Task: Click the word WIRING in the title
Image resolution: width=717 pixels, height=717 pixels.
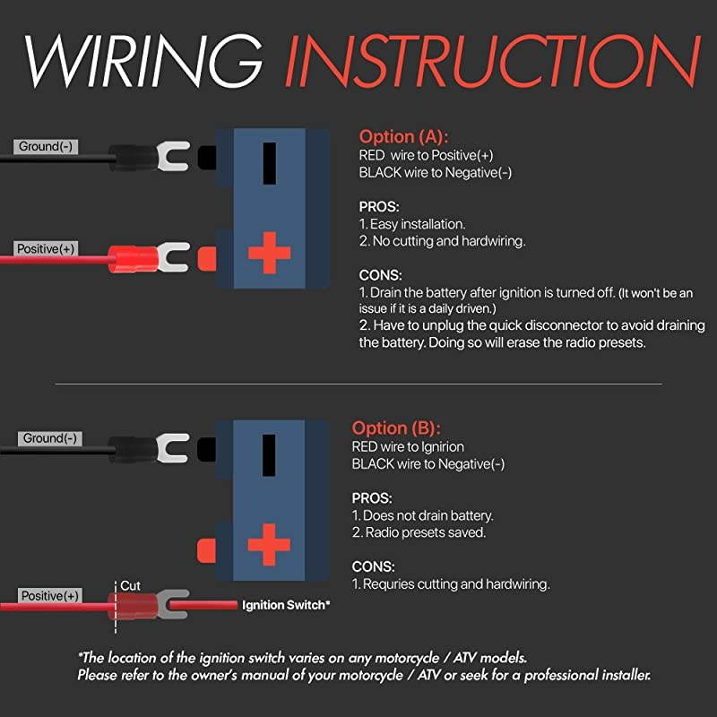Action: pos(144,61)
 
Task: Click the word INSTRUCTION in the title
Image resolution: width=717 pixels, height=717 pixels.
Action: pos(493,61)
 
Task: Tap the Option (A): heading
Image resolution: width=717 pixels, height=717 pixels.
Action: pos(404,137)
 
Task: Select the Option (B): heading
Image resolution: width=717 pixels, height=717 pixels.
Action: pos(396,428)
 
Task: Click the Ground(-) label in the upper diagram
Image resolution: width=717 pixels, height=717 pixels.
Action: pos(46,147)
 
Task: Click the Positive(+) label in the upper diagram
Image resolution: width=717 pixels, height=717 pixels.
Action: pos(46,249)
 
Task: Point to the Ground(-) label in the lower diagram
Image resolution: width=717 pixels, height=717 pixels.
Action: pos(50,438)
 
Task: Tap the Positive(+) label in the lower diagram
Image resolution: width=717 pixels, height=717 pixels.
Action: pos(50,596)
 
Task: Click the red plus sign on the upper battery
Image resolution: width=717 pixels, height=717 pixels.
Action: pos(270,253)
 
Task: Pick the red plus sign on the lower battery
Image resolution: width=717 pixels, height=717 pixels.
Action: pos(269,545)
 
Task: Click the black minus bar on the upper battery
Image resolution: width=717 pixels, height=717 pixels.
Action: pos(270,163)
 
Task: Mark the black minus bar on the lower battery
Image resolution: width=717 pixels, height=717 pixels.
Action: pos(269,455)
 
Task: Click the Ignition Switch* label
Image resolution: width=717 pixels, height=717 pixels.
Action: pos(286,605)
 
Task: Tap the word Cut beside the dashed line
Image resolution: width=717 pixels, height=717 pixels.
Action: pos(130,586)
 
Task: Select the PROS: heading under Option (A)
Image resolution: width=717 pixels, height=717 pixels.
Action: pos(379,207)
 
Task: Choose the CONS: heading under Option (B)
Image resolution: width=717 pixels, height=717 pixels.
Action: pos(373,566)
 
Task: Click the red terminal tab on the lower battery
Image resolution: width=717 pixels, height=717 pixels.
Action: pos(206,551)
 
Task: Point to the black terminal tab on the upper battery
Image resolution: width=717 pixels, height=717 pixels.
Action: pos(207,158)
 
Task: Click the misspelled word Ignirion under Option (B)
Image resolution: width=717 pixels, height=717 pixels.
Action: pos(442,446)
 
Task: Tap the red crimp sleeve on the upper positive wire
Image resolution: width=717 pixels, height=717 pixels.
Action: pos(133,259)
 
